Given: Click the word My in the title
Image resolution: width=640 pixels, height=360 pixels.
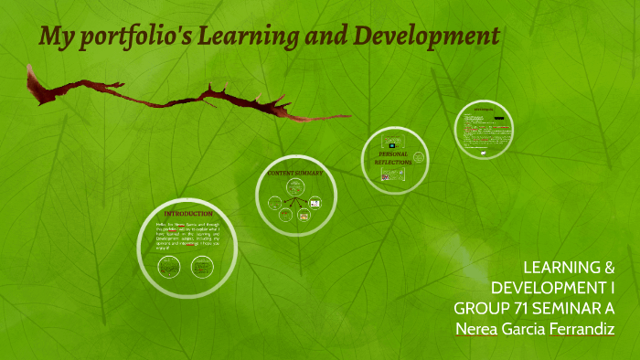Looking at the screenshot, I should (55, 37).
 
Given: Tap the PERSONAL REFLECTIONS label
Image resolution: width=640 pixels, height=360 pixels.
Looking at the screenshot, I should (392, 158).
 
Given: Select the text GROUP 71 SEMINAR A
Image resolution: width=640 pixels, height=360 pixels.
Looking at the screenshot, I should (534, 307).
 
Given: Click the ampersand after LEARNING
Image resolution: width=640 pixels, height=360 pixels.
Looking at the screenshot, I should (606, 267).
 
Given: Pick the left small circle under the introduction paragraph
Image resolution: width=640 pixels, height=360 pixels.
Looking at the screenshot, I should (168, 268).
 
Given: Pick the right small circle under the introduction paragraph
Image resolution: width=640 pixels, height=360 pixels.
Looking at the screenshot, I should (200, 268).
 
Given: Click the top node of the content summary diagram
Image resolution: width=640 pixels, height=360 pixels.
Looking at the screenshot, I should (294, 185).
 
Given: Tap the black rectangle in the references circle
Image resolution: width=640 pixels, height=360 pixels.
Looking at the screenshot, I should (499, 119).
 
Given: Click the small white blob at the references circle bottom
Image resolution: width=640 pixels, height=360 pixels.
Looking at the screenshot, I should (483, 154).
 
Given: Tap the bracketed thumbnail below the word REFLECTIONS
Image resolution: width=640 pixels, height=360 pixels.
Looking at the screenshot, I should (387, 177).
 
